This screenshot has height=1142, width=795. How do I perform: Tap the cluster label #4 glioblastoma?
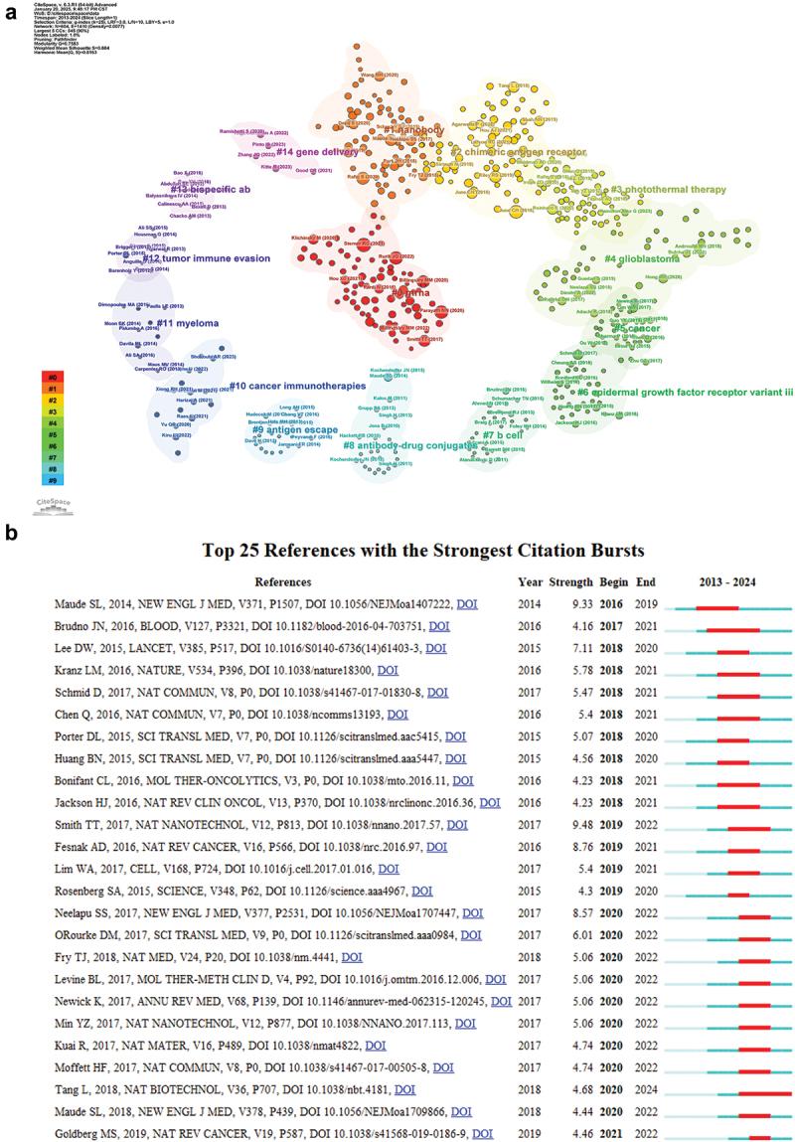(x=642, y=258)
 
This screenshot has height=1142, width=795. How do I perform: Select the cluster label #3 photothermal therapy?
(x=668, y=189)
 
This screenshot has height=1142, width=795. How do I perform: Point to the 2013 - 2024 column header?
(x=729, y=581)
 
